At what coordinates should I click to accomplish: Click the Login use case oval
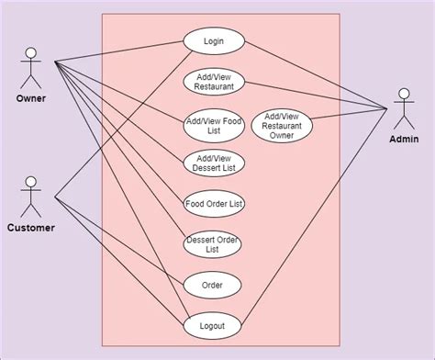215,41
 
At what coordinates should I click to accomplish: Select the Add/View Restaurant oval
214,81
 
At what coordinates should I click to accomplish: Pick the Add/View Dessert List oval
214,163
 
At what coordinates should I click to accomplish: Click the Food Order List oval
214,204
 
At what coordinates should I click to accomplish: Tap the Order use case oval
213,285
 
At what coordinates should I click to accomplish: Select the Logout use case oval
213,325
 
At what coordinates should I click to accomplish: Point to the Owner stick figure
31,68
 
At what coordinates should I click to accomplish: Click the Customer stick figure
31,197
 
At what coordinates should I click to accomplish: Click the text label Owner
31,98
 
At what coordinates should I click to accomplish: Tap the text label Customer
31,227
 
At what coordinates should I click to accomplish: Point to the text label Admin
404,140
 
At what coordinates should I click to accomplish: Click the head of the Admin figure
403,93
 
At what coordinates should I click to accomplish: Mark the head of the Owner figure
31,51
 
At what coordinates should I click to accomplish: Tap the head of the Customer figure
31,181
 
